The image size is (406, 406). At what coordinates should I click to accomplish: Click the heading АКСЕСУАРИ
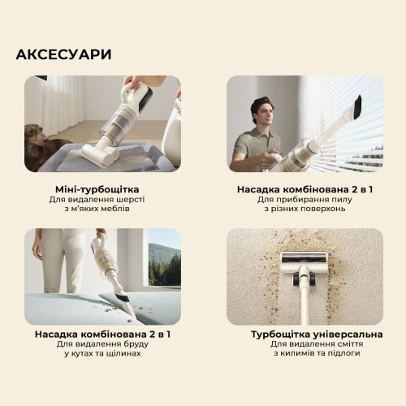63,54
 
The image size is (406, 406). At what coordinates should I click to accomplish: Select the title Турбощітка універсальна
304,335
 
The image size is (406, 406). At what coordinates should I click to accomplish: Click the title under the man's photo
304,187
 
